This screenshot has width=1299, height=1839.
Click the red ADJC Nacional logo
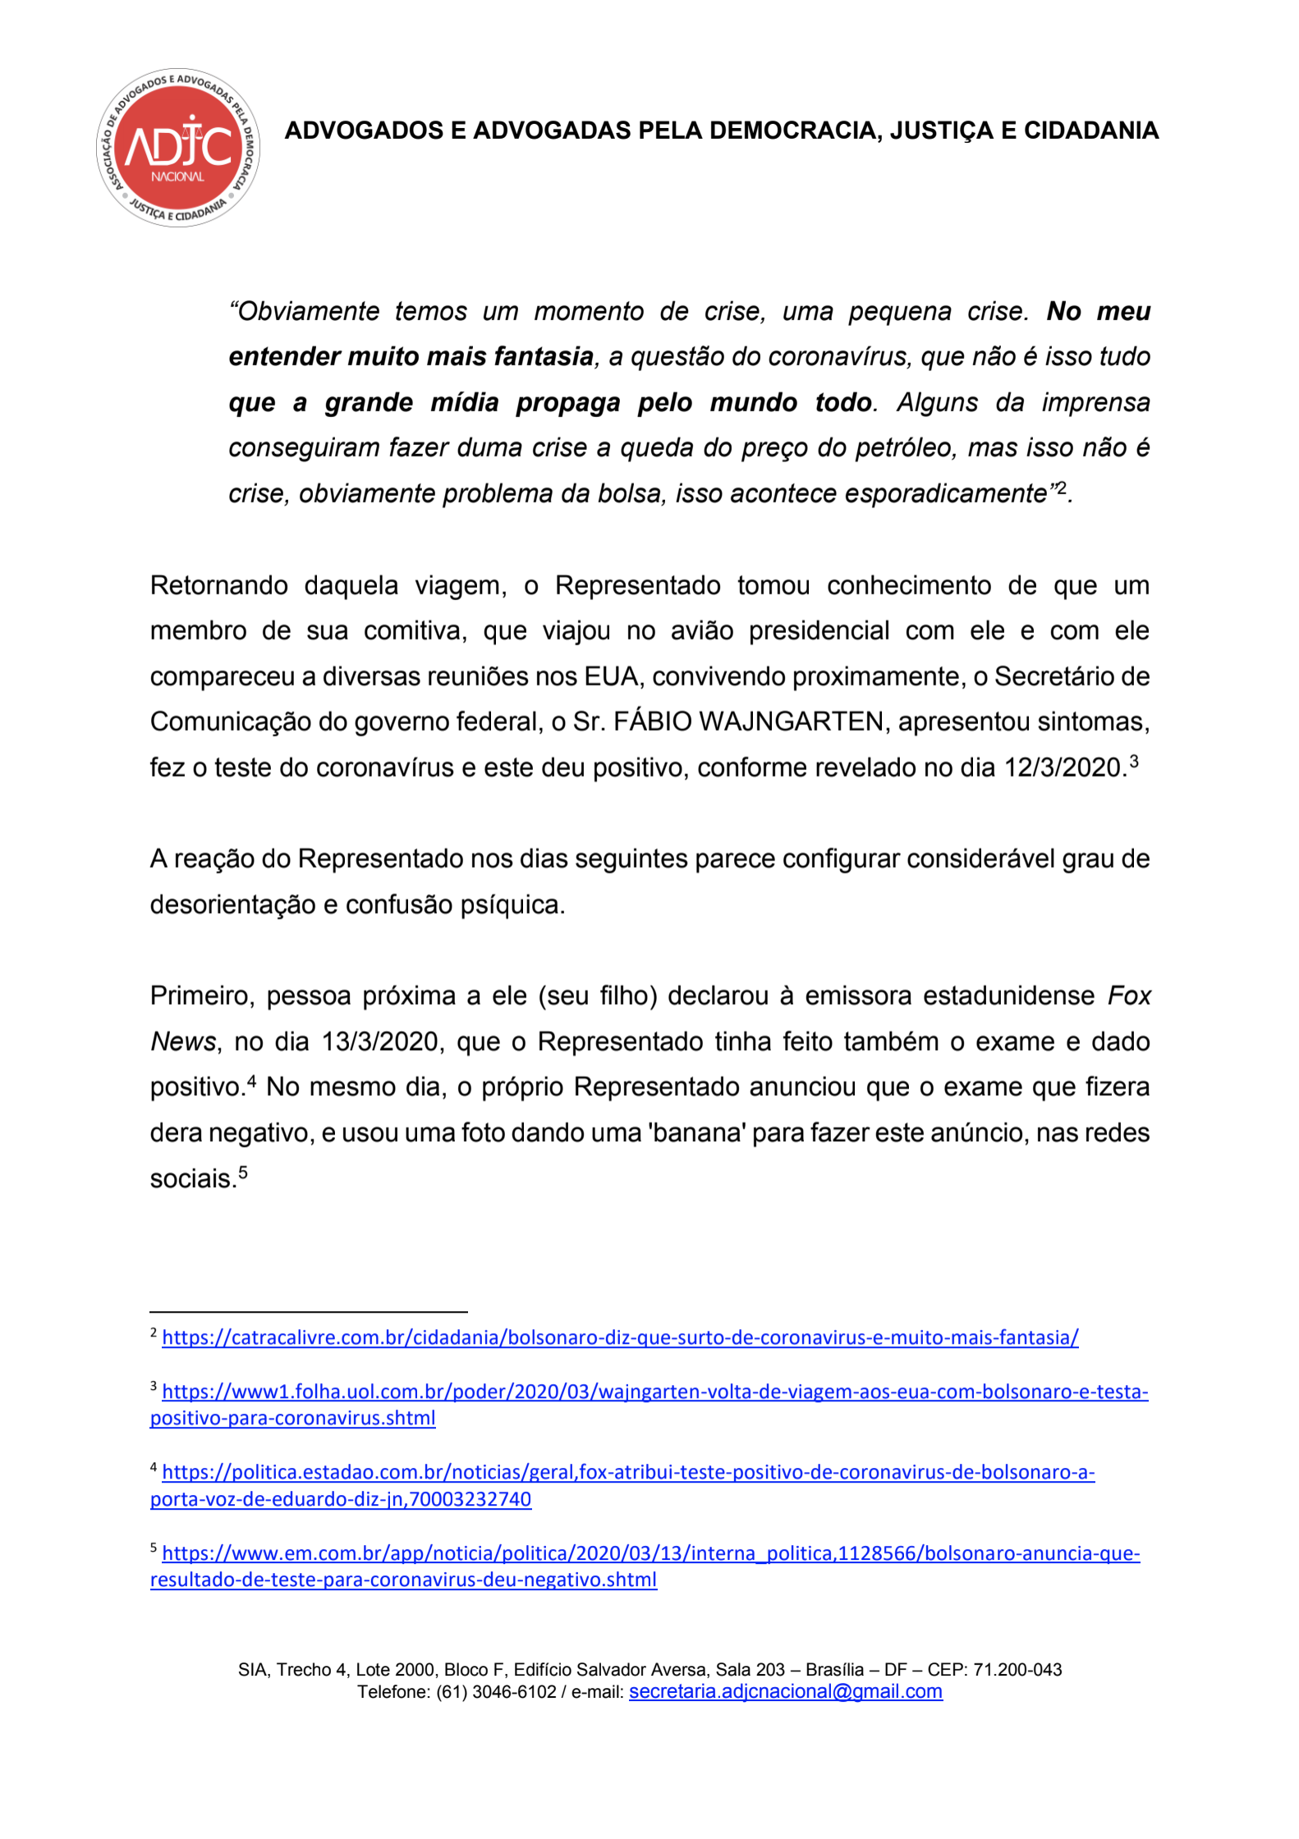tap(177, 148)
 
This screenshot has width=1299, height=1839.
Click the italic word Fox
tap(1129, 996)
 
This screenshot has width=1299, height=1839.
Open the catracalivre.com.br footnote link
tap(620, 1337)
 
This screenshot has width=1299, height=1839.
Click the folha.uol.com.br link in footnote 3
tap(654, 1392)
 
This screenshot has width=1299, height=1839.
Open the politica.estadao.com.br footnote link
tap(628, 1472)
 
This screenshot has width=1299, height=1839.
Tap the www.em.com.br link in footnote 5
tap(650, 1553)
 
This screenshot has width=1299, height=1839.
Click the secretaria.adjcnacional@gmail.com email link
tap(785, 1691)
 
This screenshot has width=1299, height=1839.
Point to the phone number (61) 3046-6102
tap(496, 1692)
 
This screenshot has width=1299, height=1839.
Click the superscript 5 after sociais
tap(243, 1172)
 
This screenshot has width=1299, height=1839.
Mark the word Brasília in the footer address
tap(834, 1670)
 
